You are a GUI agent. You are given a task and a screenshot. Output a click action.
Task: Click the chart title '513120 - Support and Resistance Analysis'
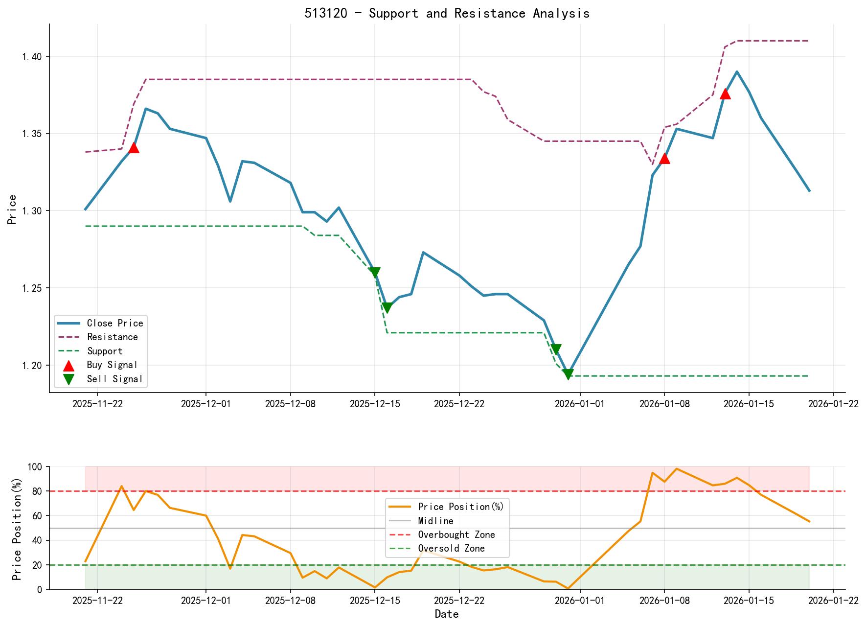[x=447, y=13]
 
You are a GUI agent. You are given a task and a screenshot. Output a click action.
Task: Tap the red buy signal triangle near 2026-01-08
[x=664, y=159]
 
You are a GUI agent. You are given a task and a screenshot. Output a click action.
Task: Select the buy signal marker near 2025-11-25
[x=134, y=148]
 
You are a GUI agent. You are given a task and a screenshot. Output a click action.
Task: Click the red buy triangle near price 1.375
[x=725, y=94]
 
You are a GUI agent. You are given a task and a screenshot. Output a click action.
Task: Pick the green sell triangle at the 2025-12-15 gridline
[x=375, y=273]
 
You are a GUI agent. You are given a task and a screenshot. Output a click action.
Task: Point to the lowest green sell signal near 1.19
[x=568, y=374]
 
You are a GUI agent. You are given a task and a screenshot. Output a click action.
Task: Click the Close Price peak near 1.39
[x=737, y=72]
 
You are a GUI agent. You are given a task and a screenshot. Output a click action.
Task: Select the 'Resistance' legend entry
[x=112, y=337]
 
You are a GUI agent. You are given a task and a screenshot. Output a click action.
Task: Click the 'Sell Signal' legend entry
[x=114, y=379]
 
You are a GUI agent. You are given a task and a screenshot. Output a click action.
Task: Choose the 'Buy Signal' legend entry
[x=112, y=365]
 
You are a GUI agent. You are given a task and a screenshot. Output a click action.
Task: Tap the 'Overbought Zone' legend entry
[x=456, y=534]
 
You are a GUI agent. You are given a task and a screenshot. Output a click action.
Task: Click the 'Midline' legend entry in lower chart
[x=435, y=521]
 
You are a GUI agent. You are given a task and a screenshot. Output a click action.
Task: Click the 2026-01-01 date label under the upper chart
[x=580, y=404]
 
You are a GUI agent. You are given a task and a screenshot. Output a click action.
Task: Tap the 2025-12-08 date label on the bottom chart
[x=291, y=601]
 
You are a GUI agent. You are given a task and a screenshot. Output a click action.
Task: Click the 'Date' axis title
[x=447, y=614]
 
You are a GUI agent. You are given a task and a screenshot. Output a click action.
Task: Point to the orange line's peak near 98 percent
[x=676, y=469]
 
